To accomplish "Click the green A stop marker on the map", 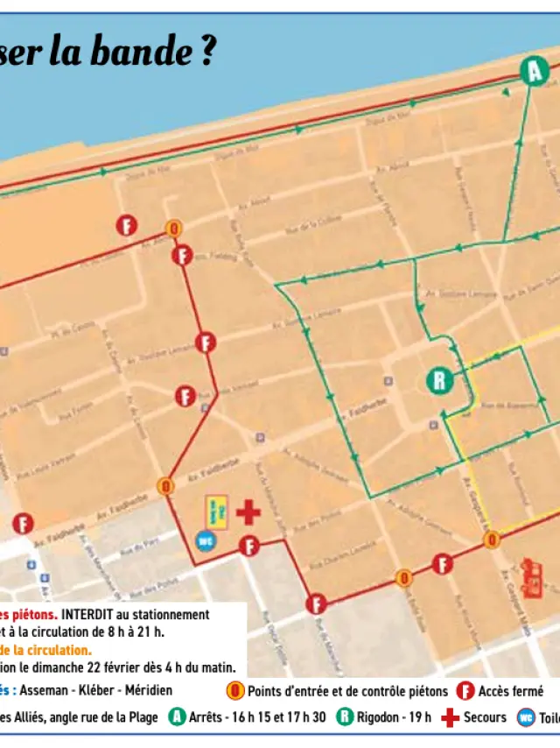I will point(534,70).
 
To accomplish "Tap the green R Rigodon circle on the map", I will point(439,380).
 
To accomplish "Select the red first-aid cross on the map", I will point(248,512).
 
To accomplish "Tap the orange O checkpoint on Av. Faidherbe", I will point(165,485).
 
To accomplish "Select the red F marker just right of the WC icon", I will point(249,547).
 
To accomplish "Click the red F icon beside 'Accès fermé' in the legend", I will point(465,692).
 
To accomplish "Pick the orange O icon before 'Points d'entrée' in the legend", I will point(235,692).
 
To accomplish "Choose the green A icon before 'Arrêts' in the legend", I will point(178,717).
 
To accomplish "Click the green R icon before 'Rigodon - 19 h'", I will point(345,717).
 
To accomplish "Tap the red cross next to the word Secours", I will point(450,717).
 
